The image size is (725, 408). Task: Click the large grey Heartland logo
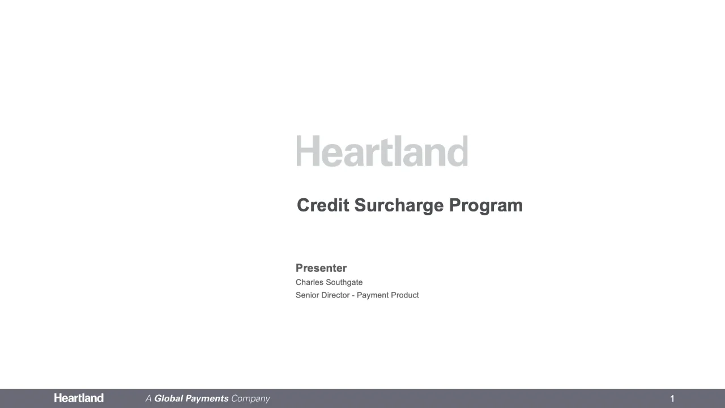click(x=382, y=151)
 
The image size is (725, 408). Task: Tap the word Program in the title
click(x=486, y=206)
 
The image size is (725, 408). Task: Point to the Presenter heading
click(x=321, y=268)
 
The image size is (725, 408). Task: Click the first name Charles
click(x=309, y=282)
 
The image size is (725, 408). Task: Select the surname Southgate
click(x=344, y=282)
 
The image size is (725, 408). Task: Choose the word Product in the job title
click(x=404, y=295)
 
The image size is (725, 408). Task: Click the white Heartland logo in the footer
click(x=79, y=398)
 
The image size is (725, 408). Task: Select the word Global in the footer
click(x=168, y=398)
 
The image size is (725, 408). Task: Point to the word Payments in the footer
click(x=207, y=398)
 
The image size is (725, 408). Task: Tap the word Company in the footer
click(x=250, y=399)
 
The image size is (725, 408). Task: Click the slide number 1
click(x=672, y=398)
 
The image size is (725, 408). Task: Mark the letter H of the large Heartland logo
click(x=307, y=151)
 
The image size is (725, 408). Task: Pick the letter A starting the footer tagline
click(x=148, y=398)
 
